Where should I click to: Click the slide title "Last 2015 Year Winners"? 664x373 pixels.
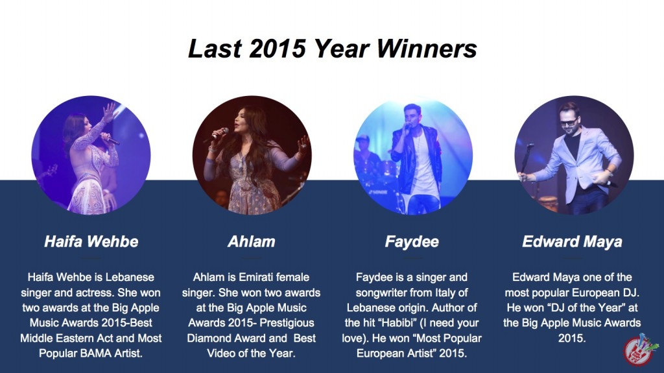(333, 49)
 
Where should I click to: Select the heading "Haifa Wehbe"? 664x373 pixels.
(91, 241)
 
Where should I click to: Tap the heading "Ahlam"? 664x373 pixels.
(252, 241)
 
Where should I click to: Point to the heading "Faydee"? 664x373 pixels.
(412, 242)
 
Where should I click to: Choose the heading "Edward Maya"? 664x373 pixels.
(572, 242)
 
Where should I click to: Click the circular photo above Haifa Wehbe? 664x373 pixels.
(91, 155)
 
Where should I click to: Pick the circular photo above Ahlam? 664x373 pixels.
(252, 155)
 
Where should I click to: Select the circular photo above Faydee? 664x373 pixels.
(413, 155)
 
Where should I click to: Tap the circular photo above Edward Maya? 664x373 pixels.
(574, 155)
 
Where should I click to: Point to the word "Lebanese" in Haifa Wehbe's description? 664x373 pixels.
(130, 277)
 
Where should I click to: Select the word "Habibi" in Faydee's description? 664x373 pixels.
(396, 323)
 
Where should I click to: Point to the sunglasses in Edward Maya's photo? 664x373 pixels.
(568, 123)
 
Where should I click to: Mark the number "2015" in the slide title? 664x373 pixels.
(278, 49)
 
